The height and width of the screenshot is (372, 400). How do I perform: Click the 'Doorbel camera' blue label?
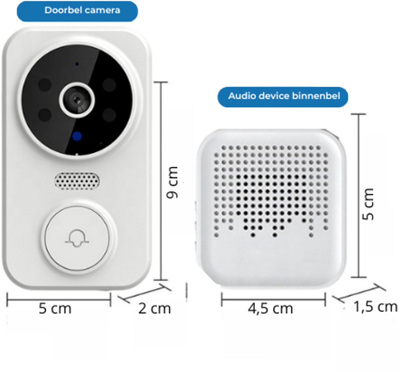(77, 11)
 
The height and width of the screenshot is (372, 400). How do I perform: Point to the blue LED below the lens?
(77, 136)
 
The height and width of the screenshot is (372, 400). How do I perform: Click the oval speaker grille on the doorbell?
(77, 181)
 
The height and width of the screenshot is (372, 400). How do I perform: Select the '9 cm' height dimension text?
(173, 183)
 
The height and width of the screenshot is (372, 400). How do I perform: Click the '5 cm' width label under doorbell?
(55, 308)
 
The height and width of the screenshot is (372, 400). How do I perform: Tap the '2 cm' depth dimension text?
(154, 309)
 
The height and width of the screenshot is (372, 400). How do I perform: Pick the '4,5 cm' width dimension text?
(270, 309)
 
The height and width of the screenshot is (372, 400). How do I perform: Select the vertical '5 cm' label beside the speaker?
(369, 204)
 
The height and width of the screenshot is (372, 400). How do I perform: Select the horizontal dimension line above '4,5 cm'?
(273, 299)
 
